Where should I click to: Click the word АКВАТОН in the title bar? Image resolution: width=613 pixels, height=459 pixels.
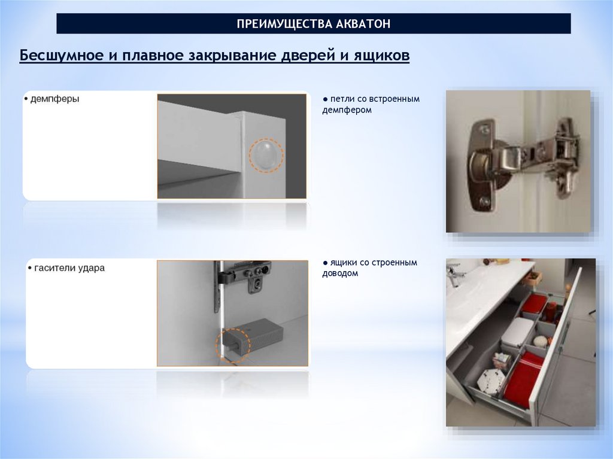click(363, 24)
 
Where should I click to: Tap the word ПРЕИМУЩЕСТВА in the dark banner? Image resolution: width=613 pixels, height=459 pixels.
click(284, 24)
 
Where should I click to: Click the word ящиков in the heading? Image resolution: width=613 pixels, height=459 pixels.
click(381, 56)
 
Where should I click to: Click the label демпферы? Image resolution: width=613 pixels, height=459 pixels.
click(54, 99)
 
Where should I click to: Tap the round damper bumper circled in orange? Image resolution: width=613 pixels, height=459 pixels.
click(266, 154)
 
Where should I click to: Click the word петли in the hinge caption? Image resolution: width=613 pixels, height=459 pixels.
click(342, 99)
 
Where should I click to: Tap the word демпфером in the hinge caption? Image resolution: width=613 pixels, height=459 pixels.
click(347, 110)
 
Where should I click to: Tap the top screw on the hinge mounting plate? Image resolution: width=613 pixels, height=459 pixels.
click(485, 128)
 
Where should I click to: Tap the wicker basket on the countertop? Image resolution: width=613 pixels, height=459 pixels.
click(532, 278)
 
